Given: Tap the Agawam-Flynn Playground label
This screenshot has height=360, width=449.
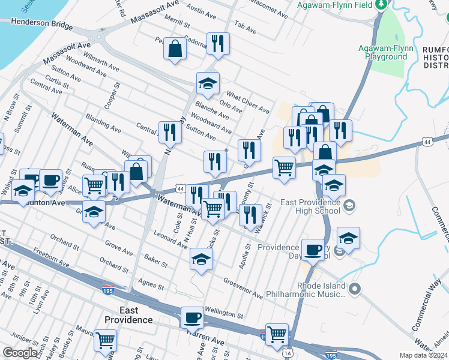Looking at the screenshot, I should point(382,52).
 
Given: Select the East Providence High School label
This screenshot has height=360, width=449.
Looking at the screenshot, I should point(310,206).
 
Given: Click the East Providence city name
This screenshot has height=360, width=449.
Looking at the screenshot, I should point(128,315).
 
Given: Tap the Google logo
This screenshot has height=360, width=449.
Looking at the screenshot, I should point(20,353).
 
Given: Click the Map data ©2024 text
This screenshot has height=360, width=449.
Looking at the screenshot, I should point(424,355).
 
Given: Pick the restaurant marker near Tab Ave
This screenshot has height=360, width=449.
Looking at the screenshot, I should point(217,43).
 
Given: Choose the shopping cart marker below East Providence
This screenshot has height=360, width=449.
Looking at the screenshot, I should point(105,340).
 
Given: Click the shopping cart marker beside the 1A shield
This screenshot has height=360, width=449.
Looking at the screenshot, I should point(277,334).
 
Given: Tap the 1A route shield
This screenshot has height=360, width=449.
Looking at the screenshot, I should point(289,352).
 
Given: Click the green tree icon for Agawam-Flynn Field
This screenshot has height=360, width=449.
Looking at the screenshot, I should point(381,5).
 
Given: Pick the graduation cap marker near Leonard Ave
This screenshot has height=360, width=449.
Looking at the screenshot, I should point(201,259).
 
